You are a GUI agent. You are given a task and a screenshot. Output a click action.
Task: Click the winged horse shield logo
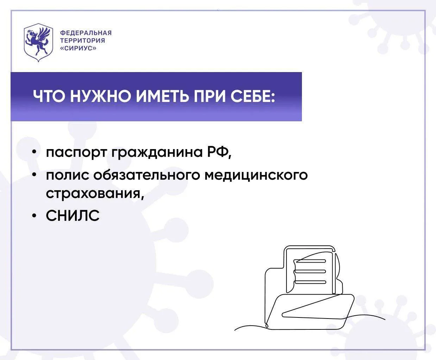coord(38,42)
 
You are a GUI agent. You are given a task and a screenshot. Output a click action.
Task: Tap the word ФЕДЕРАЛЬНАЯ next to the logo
coord(86,33)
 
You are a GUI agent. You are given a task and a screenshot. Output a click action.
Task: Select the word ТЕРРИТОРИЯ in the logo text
coord(82,40)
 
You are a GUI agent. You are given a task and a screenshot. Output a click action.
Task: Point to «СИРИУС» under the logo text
coord(78,48)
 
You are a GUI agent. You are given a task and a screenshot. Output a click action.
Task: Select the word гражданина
coord(157,153)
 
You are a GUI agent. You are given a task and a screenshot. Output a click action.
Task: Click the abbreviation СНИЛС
coord(72,216)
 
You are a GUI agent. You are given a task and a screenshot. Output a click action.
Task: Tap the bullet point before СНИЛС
coord(34,216)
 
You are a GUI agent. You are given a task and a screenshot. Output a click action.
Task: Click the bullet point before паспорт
coord(34,153)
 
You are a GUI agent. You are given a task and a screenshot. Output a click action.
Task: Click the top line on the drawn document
coord(310,261)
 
